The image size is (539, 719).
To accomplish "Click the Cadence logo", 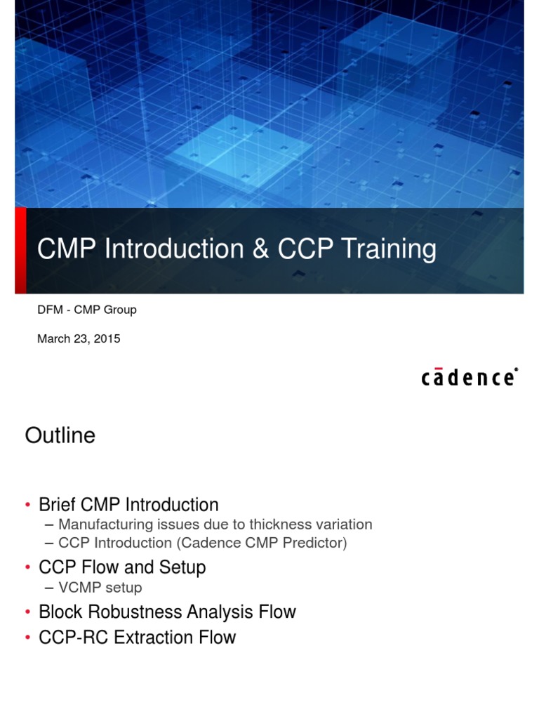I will (470, 377).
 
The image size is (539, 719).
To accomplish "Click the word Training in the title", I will (389, 250).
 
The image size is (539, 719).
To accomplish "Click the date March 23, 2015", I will (79, 338).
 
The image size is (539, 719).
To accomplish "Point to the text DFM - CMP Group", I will (86, 310).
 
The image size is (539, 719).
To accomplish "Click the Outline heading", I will (60, 436).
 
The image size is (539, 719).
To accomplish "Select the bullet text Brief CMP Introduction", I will (128, 505).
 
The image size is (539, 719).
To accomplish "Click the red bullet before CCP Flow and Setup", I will (28, 568).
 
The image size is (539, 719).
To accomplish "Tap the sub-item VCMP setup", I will (100, 587).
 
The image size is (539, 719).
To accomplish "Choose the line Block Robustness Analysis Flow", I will (167, 612).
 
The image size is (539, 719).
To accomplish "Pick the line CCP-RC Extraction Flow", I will (138, 638).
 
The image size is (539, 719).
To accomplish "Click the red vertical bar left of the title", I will (20, 250).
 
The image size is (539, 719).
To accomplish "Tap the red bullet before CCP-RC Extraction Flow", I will (28, 638).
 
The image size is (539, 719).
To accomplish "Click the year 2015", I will (107, 338).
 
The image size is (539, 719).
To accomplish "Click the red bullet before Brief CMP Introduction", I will (28, 506).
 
